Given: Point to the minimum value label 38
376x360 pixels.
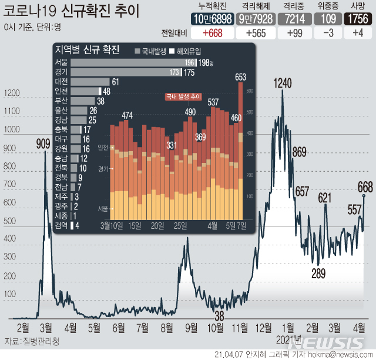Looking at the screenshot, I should tap(219, 316).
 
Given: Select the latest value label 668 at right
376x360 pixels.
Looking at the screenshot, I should tap(365, 187).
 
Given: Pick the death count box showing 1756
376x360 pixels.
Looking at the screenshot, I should tap(357, 19).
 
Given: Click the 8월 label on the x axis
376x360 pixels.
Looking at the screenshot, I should tap(166, 326).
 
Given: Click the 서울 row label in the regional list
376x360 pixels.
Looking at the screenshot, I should tap(61, 62).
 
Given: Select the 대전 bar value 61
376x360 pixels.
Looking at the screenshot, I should tap(116, 82).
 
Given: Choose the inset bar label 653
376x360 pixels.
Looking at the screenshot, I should tap(240, 76).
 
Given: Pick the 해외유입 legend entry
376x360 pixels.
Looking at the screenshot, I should tap(187, 51).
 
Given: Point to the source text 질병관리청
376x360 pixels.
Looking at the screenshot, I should tap(41, 341).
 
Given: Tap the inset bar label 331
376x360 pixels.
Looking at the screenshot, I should tap(172, 145).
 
